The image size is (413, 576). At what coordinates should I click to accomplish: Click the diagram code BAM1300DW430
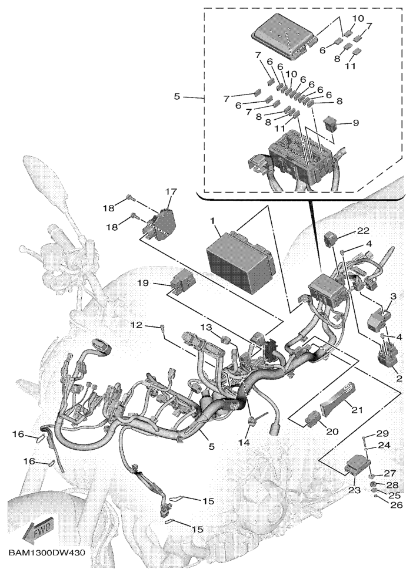coord(46,553)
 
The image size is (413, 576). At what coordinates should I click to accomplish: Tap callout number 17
coord(172,192)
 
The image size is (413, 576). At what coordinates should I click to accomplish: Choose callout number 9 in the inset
coord(355,123)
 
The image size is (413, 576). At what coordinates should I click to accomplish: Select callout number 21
coord(357,410)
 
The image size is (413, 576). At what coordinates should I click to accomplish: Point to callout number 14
coord(244,443)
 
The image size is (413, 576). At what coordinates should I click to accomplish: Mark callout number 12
coord(136,325)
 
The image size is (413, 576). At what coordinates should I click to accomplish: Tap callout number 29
coord(382,433)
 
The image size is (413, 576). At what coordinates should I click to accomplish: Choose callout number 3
coord(394,296)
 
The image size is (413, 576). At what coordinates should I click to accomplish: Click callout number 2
coord(399,378)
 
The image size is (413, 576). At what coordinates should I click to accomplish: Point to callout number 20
coord(332,432)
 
